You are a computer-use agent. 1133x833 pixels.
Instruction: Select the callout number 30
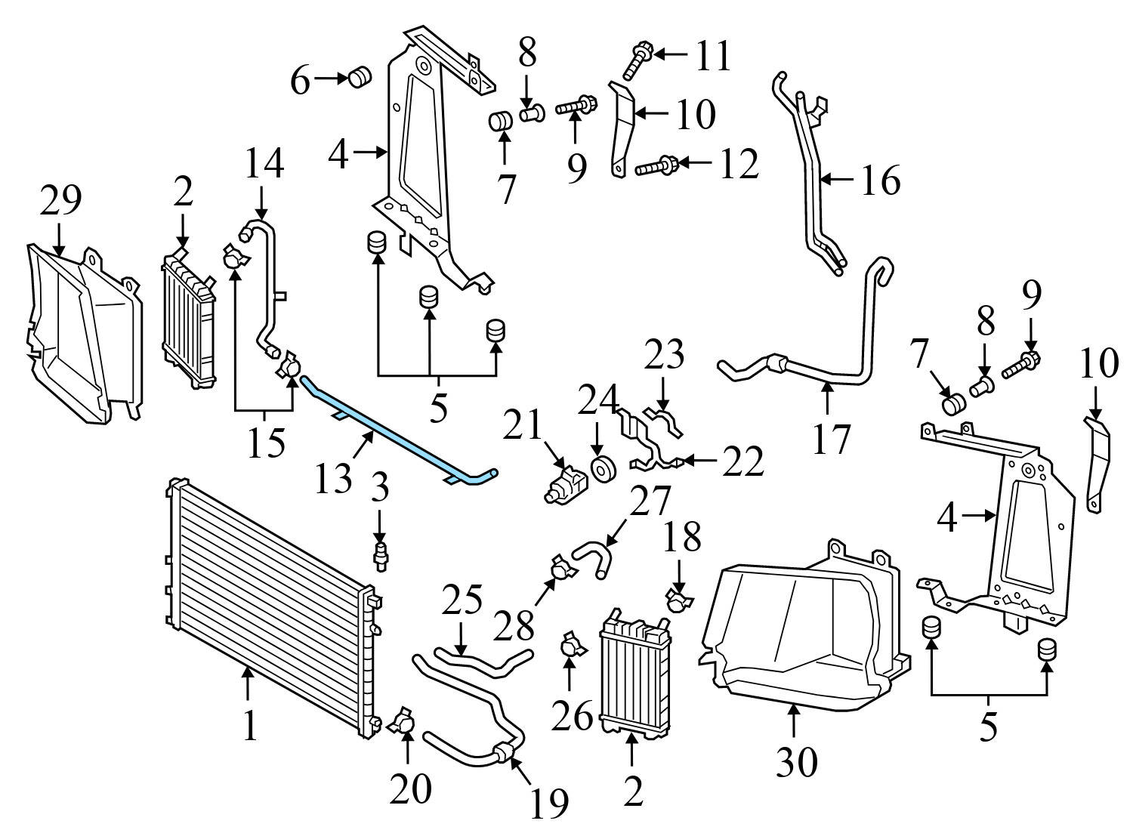(796, 762)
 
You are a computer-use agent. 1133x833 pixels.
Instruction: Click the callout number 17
(830, 440)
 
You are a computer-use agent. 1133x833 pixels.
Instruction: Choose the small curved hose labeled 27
(591, 560)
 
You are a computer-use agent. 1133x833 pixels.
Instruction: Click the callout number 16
(879, 180)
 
